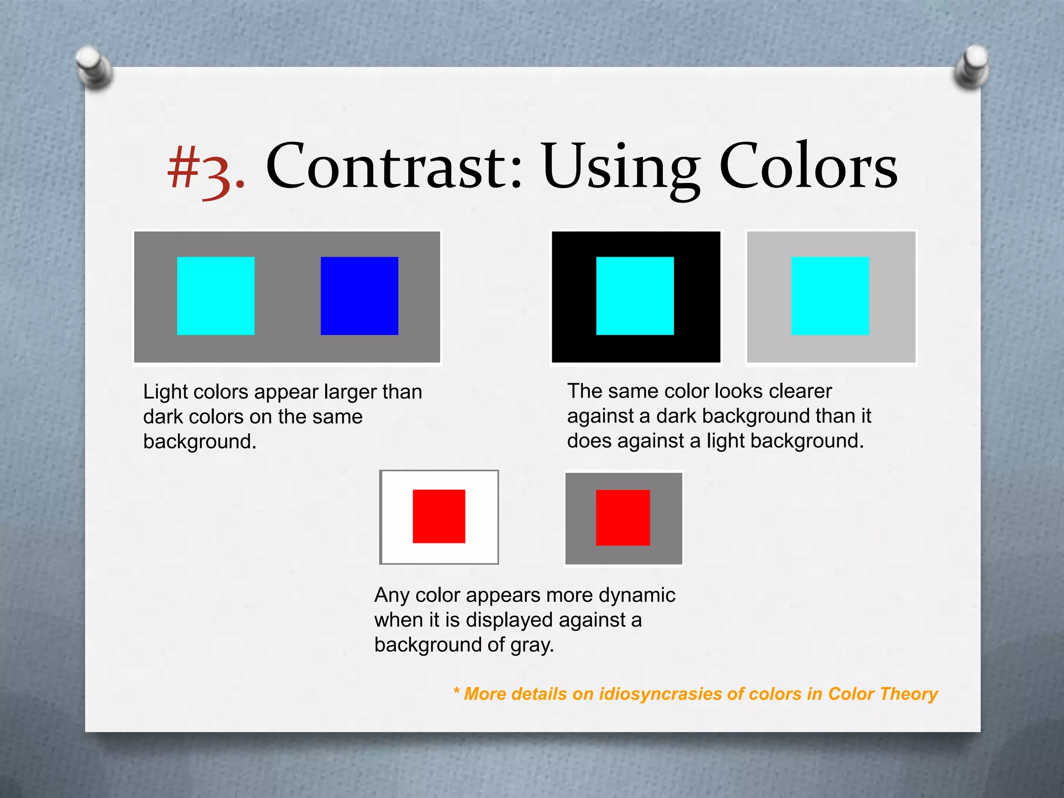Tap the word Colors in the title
pos(808,166)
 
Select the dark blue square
pos(360,296)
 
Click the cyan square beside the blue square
pos(216,296)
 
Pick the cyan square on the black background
pos(635,296)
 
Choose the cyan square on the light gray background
pos(830,296)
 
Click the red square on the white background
pos(439,516)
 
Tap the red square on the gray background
pos(623,517)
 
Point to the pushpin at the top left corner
pos(94,68)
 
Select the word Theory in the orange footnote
pos(909,694)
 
